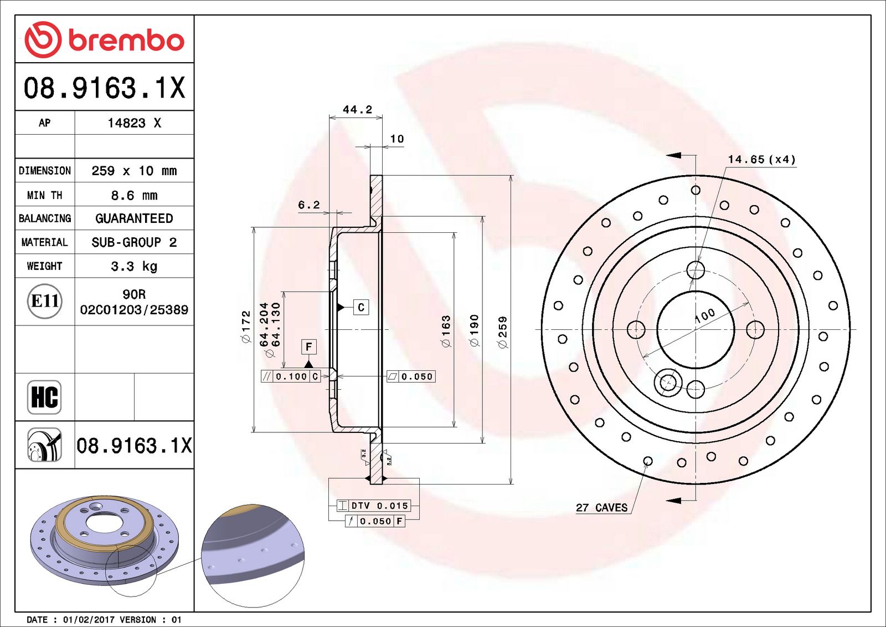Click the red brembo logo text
[126, 40]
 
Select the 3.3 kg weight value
[134, 266]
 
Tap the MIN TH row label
[44, 195]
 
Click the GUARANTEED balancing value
[134, 218]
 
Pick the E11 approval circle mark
[44, 301]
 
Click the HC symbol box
[44, 397]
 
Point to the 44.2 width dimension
[357, 109]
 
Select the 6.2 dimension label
[308, 205]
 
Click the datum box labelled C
[361, 307]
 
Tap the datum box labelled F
[308, 347]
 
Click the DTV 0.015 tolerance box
[374, 506]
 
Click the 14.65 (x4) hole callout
[761, 159]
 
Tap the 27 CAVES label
[601, 507]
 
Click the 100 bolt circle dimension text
[704, 315]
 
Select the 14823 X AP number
[134, 123]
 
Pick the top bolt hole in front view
[696, 271]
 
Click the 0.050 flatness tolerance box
[411, 376]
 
